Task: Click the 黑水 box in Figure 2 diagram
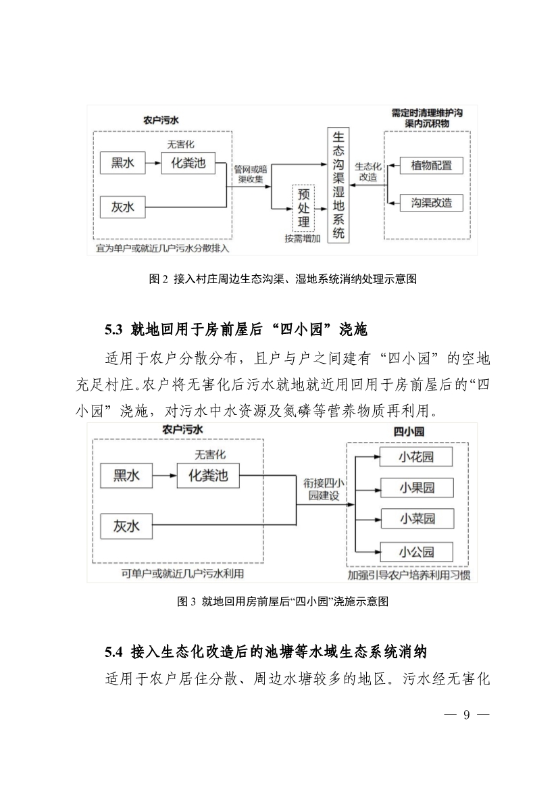tap(122, 163)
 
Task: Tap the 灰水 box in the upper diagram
tap(122, 206)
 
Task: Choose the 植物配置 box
tap(431, 165)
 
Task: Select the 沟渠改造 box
tap(431, 202)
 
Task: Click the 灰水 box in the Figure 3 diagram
tap(126, 524)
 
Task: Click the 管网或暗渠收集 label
tap(249, 174)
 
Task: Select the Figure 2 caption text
tap(278, 278)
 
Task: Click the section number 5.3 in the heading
tap(112, 330)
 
